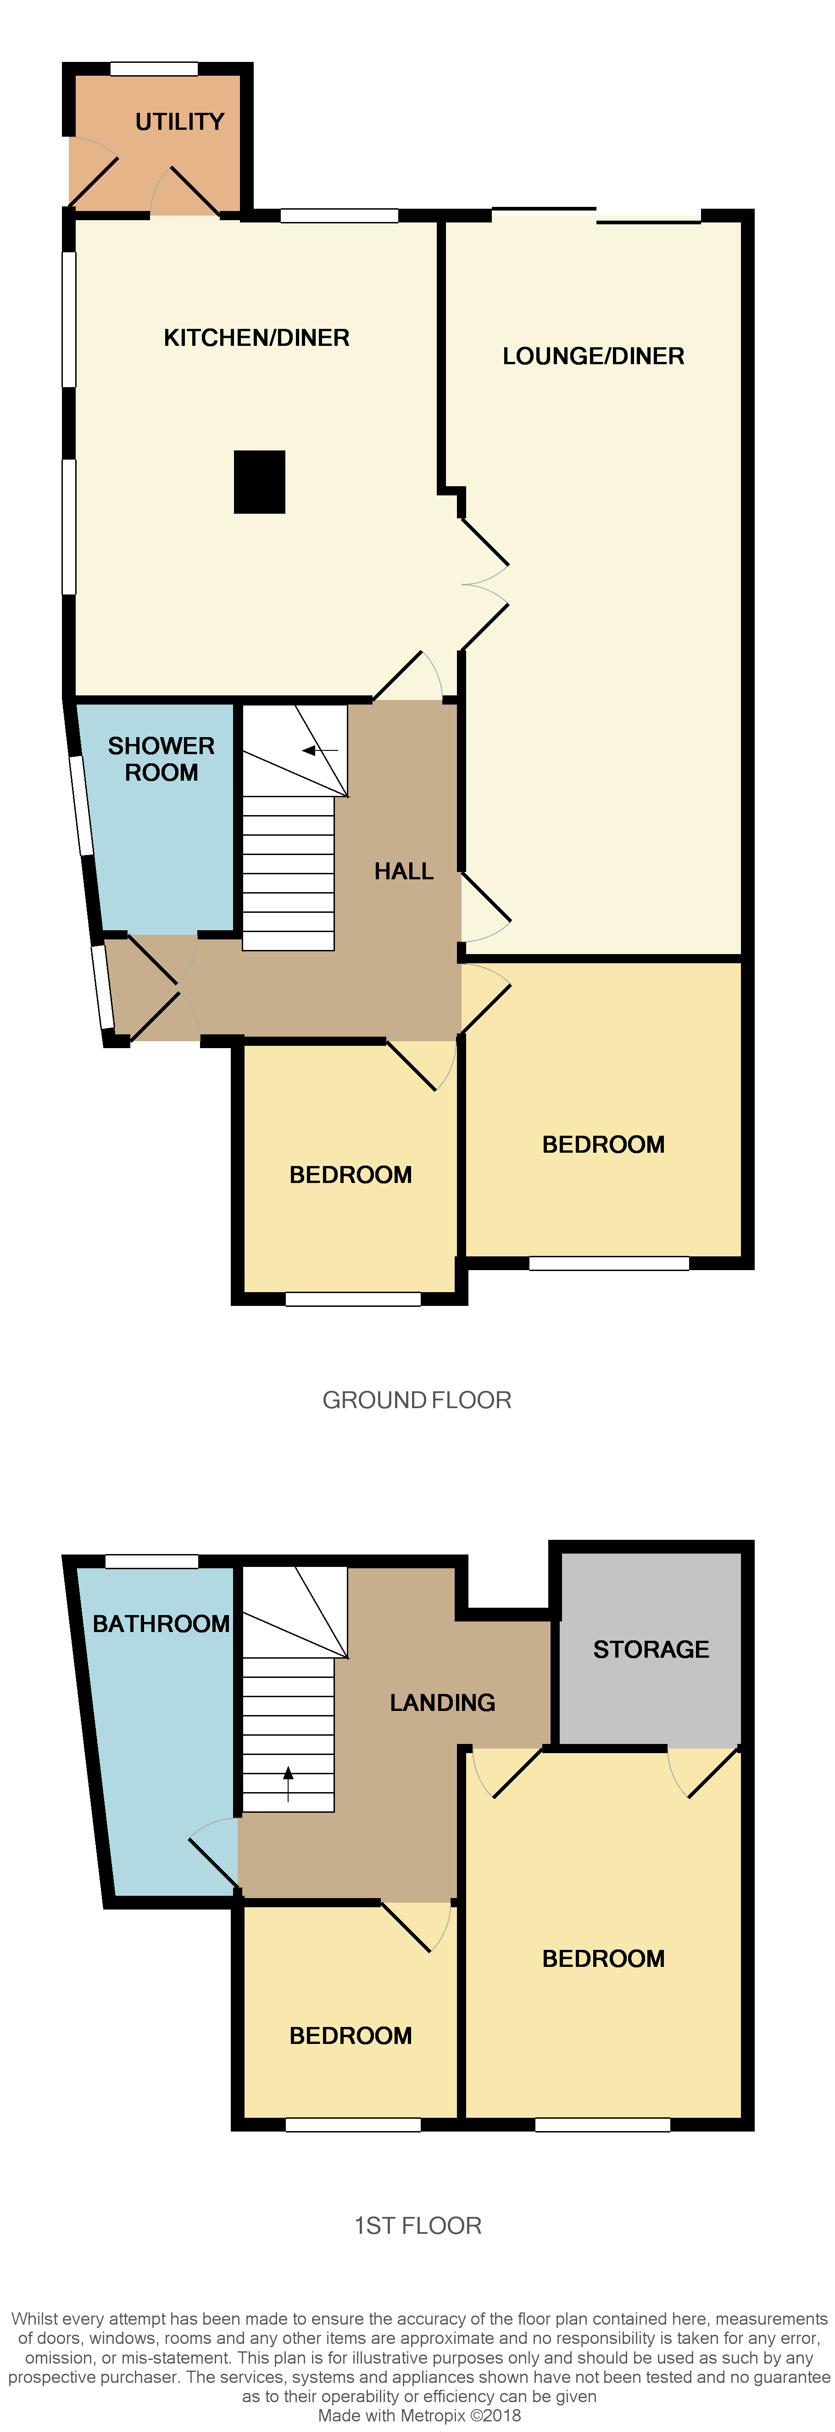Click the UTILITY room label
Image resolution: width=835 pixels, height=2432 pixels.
click(x=179, y=122)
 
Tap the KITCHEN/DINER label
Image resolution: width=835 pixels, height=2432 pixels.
click(x=256, y=338)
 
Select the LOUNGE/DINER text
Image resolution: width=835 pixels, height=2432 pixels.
click(x=593, y=356)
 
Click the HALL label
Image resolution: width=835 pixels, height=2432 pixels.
click(x=403, y=872)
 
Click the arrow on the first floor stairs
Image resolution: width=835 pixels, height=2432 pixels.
click(x=288, y=1784)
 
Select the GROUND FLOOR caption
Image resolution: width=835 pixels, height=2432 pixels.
click(x=417, y=1400)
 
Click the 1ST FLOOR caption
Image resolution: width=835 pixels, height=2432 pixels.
click(x=417, y=2226)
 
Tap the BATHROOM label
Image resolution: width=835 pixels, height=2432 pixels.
click(x=161, y=1624)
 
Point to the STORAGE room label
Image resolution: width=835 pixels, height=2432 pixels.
click(x=651, y=1649)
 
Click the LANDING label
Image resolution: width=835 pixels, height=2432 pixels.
click(x=442, y=1702)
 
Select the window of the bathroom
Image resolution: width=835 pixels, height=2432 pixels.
click(x=151, y=1561)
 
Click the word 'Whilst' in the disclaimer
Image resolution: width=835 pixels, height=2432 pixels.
click(x=34, y=2319)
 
